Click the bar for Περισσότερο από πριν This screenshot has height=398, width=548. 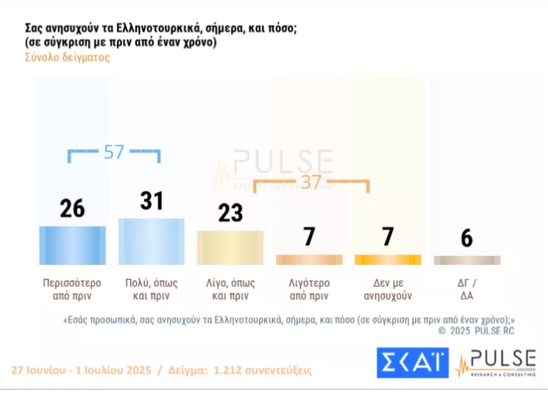click(x=72, y=245)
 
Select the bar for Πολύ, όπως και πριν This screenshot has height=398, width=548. click(x=151, y=241)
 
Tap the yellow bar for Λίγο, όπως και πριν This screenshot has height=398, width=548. click(x=230, y=247)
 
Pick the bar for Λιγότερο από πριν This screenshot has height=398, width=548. click(x=309, y=259)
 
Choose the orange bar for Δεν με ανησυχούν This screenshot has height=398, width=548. click(x=388, y=259)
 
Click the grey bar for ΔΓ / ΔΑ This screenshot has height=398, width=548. click(x=467, y=260)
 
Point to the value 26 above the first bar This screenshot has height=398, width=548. click(x=72, y=208)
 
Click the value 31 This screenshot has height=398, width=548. click(x=151, y=201)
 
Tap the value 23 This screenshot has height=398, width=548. click(x=230, y=212)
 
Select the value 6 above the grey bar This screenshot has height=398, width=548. click(x=467, y=238)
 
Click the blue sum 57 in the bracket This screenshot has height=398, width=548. click(x=114, y=152)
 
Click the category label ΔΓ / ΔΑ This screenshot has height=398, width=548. click(x=467, y=289)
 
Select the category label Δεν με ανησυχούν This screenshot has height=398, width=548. click(x=388, y=289)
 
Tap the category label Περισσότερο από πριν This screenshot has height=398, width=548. click(x=72, y=289)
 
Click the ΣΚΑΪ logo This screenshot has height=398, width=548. click(x=413, y=362)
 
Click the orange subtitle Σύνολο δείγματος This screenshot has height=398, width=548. click(x=67, y=57)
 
